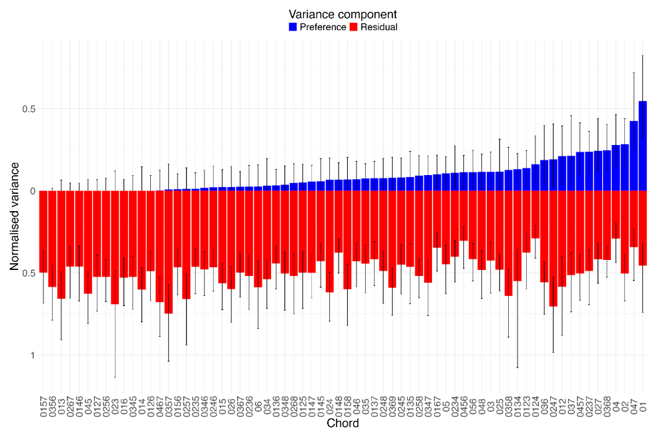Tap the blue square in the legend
(x=292, y=27)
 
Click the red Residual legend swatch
(x=355, y=27)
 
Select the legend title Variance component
(x=343, y=14)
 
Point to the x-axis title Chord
(x=343, y=424)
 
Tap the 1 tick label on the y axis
(x=31, y=355)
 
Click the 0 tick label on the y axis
(x=31, y=191)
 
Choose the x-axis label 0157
(x=43, y=407)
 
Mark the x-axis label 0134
(x=517, y=407)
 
